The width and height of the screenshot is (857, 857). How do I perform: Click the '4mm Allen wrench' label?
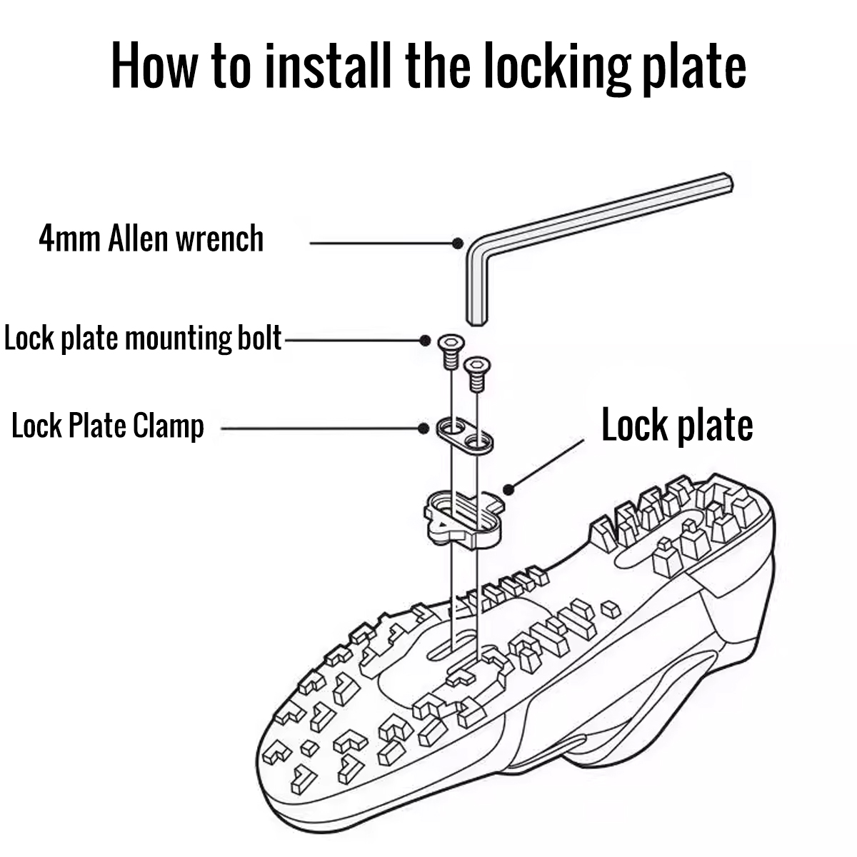click(151, 239)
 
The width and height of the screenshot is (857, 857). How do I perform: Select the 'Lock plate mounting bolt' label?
click(143, 338)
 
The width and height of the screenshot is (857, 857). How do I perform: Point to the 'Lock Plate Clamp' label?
click(108, 427)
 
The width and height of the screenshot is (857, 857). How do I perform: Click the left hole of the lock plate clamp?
click(451, 428)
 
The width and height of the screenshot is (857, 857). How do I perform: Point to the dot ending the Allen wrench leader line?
click(458, 244)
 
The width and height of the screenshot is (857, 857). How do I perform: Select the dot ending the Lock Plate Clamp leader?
click(423, 428)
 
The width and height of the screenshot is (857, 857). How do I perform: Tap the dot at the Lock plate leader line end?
click(508, 489)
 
